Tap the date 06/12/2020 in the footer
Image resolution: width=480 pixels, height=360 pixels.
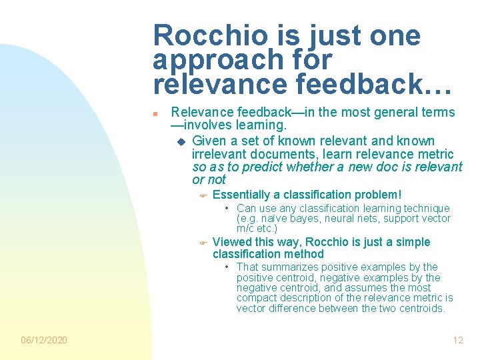[x=44, y=340]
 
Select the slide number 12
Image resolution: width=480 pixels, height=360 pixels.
[x=457, y=340]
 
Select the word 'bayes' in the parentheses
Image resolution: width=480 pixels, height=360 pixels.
[x=303, y=219]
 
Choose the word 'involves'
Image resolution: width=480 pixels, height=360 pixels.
[x=213, y=125]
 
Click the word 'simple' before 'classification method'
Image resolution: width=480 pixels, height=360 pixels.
[x=410, y=242]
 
